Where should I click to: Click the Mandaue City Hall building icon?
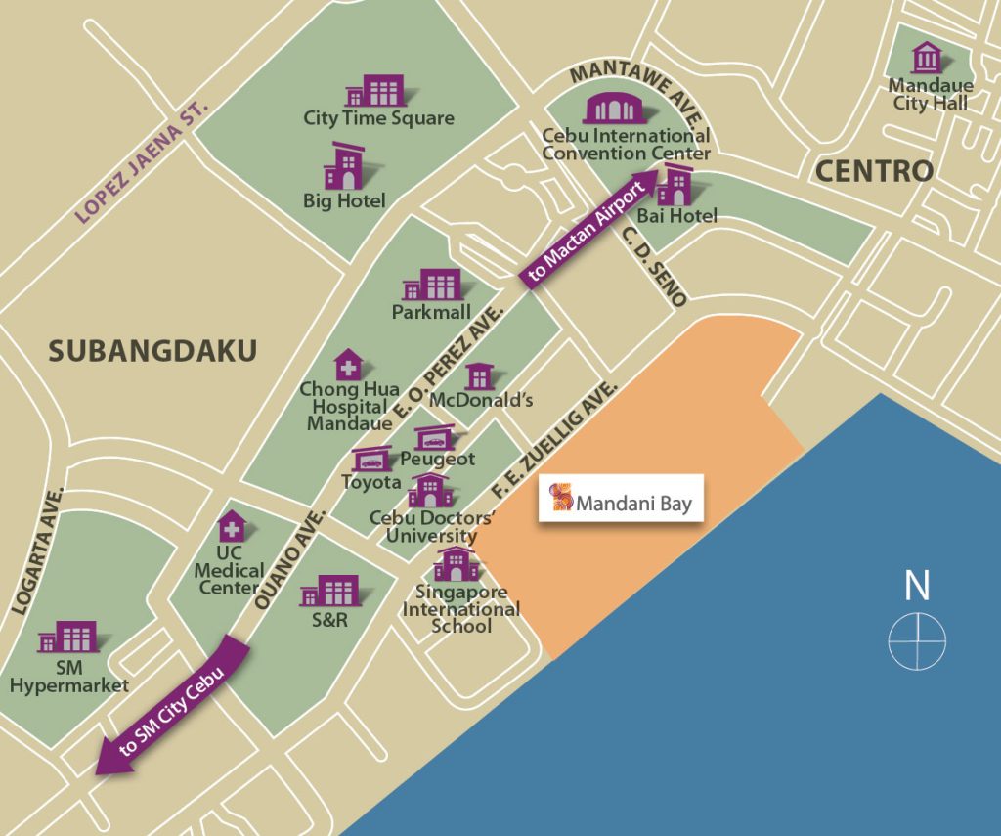(927, 58)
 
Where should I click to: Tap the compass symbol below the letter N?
(917, 641)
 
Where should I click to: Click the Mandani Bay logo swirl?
(561, 498)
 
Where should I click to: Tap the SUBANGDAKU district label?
(152, 351)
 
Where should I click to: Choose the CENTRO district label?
(874, 172)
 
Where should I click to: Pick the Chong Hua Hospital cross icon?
(347, 366)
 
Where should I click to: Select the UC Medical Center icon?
(231, 526)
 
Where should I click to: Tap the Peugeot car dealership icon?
(435, 437)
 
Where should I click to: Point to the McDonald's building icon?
(479, 376)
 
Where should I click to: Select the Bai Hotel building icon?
(675, 186)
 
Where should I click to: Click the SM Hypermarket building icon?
(68, 638)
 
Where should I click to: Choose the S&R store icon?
(329, 591)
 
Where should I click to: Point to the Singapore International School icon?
(457, 564)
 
